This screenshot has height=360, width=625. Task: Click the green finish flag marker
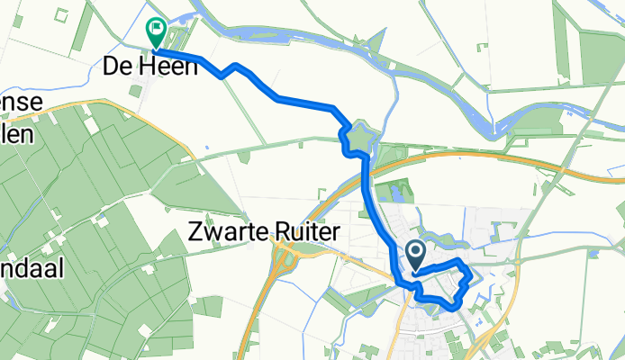[x=157, y=33]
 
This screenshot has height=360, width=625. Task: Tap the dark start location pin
[x=417, y=254]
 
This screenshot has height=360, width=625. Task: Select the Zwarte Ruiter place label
[x=266, y=232]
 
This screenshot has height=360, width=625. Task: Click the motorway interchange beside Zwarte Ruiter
[x=286, y=261]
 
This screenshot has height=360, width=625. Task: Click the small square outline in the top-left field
[x=61, y=15]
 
